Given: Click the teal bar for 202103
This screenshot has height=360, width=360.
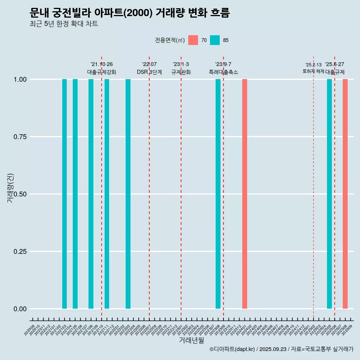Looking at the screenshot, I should click(x=64, y=194).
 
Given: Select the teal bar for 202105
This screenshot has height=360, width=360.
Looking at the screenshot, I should click(x=75, y=194).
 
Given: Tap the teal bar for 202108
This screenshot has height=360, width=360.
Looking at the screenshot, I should click(x=91, y=194).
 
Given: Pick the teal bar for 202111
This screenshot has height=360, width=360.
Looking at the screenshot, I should click(x=107, y=194).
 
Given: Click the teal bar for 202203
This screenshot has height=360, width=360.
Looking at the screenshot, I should click(x=128, y=194).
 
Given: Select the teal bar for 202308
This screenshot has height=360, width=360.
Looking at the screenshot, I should click(x=218, y=194).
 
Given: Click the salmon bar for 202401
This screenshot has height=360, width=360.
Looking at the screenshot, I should click(x=244, y=194).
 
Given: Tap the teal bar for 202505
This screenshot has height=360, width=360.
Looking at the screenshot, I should click(x=329, y=194).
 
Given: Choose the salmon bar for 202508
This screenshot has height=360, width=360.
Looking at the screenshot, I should click(x=345, y=194).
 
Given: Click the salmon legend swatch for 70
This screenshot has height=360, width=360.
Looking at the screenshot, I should click(x=193, y=40).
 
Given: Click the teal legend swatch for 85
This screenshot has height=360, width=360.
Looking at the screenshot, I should click(x=215, y=40).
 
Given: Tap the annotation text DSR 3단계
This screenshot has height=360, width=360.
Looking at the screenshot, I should click(x=149, y=72).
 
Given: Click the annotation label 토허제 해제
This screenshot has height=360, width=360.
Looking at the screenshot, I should click(x=313, y=71).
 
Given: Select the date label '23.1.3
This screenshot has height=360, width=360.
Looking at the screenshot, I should click(x=181, y=64).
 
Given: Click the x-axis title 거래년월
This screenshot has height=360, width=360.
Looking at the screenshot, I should click(x=191, y=340).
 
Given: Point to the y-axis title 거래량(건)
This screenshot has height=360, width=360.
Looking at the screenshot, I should click(x=10, y=188).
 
